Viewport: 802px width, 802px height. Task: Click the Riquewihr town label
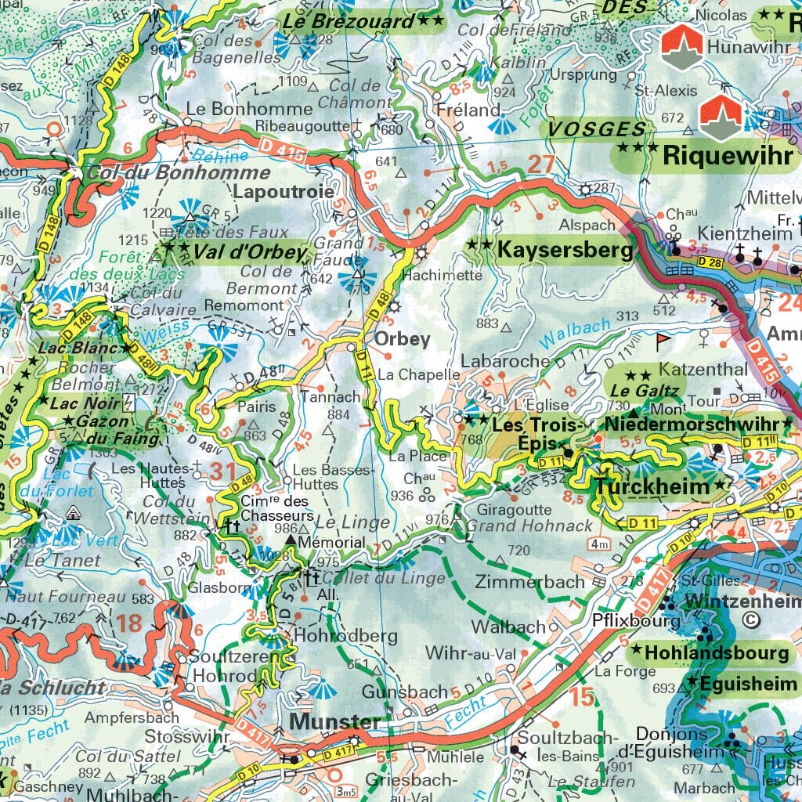coord(728,155)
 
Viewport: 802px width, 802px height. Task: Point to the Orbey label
coord(403,339)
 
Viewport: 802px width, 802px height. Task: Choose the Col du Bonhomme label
coord(179,173)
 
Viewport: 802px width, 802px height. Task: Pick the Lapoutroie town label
coord(284,192)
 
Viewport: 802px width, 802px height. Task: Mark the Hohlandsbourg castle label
coord(717,652)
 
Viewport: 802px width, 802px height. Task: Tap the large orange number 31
coord(223,471)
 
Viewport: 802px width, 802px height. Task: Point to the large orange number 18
coord(131,624)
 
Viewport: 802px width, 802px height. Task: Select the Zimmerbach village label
coord(529,581)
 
